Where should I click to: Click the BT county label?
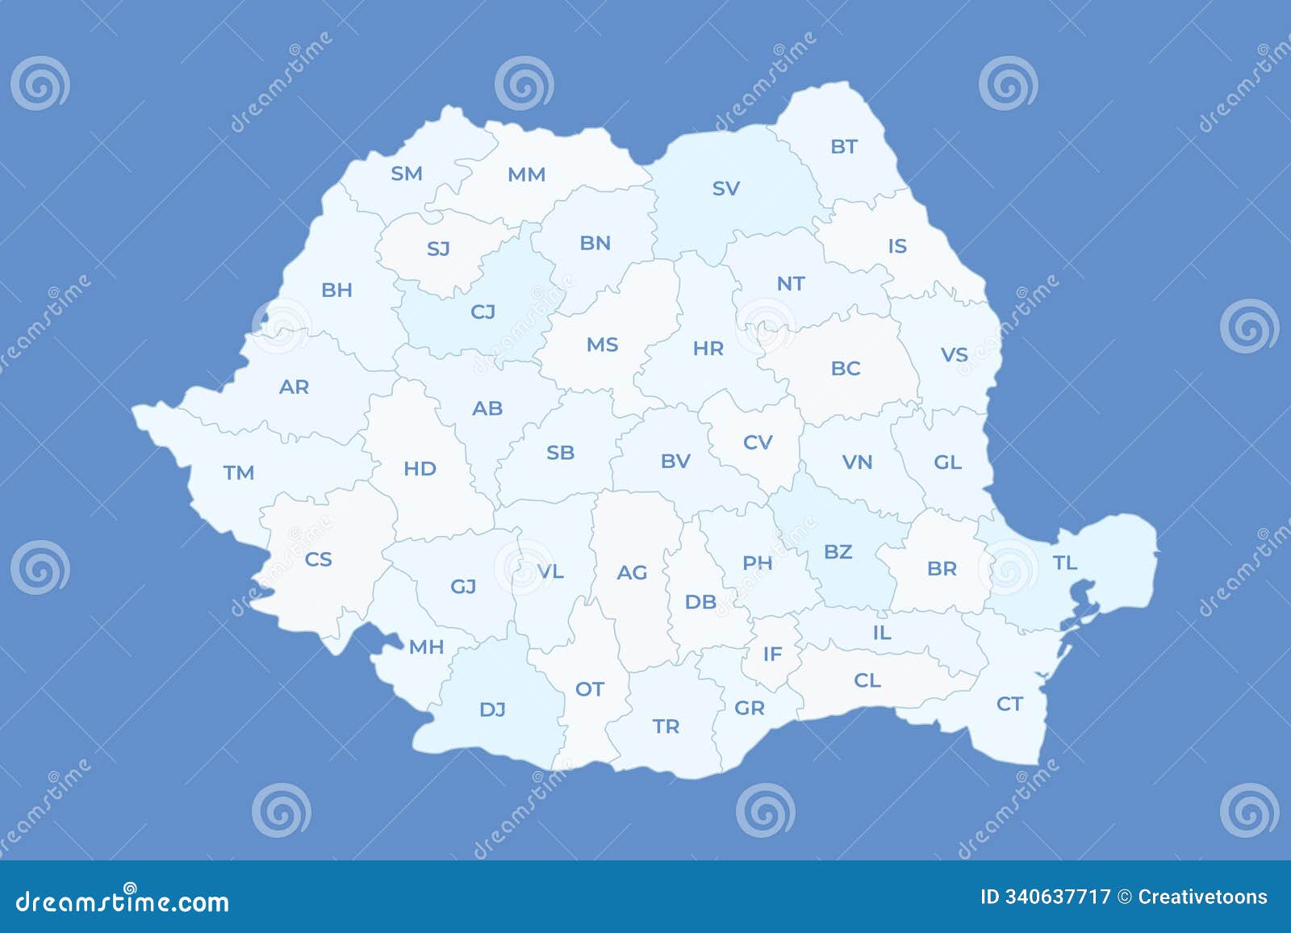tap(843, 147)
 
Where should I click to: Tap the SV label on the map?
tap(725, 189)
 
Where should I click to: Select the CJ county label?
tap(483, 312)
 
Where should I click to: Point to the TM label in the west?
tap(239, 472)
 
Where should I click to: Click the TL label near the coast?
tap(1065, 563)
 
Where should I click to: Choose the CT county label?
tap(1009, 705)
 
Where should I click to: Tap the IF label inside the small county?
tap(772, 654)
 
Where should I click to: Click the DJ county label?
tap(492, 709)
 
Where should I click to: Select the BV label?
tap(675, 461)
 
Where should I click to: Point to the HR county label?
tap(708, 349)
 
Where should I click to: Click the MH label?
tap(426, 646)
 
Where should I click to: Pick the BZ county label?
tap(838, 552)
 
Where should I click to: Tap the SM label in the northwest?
tap(406, 174)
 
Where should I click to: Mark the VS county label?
tap(954, 355)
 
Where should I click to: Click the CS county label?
tap(318, 559)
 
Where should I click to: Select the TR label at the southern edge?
tap(666, 726)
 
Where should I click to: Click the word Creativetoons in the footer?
tap(1202, 897)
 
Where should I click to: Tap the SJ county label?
tap(438, 249)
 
